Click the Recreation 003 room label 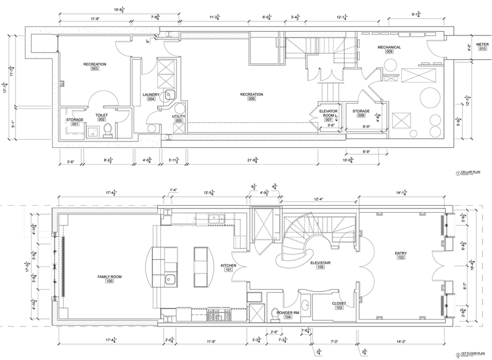coord(95,66)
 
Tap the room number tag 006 coord(251,99)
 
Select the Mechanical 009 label coord(389,50)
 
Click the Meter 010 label coord(482,46)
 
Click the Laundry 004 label coord(150,96)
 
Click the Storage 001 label coord(75,121)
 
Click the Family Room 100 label coord(109,279)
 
